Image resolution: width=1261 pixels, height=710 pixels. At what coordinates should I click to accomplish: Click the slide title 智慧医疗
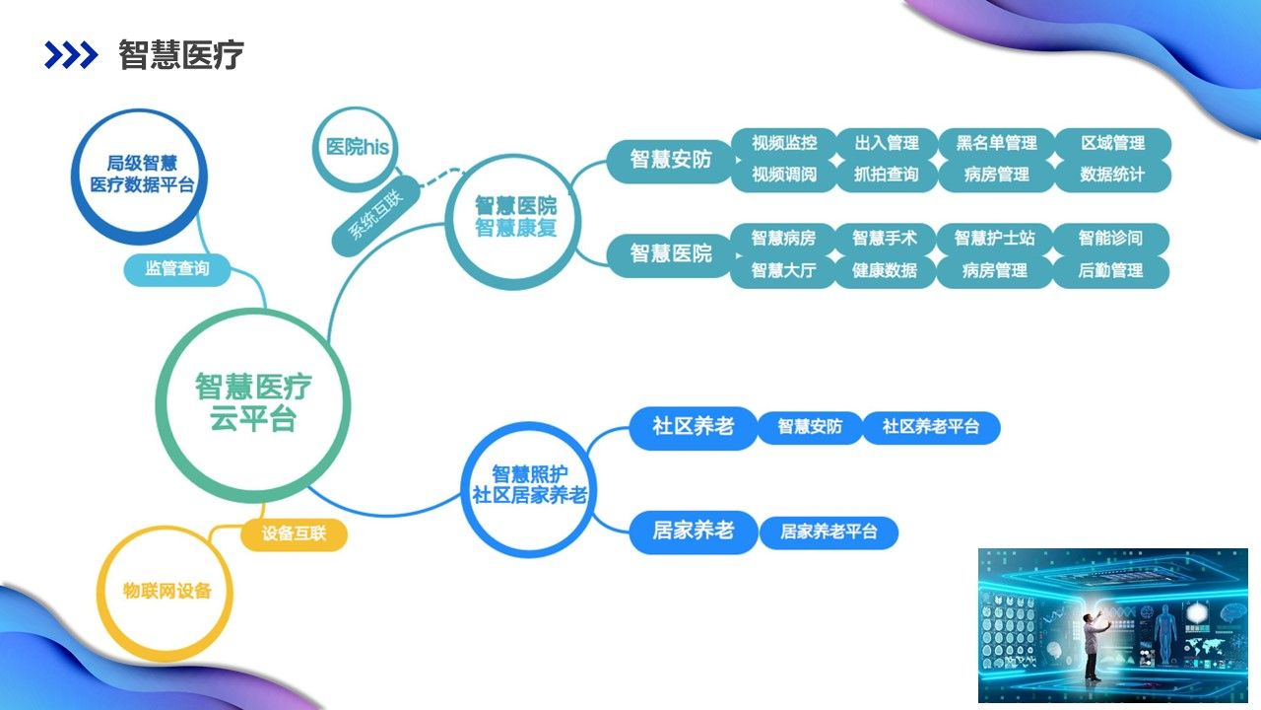click(x=181, y=55)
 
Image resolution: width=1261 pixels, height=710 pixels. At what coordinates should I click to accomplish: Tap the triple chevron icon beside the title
click(x=71, y=55)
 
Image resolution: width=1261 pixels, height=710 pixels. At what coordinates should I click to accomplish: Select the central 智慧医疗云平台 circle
click(x=253, y=401)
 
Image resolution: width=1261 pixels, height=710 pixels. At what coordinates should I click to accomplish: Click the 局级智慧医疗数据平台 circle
click(x=142, y=175)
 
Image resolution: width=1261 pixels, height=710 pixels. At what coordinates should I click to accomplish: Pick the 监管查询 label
click(x=177, y=268)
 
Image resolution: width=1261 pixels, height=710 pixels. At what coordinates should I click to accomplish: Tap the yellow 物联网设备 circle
click(x=167, y=592)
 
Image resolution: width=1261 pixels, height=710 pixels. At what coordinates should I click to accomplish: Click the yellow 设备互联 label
click(x=294, y=534)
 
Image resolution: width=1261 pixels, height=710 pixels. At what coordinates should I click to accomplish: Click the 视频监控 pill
click(x=784, y=143)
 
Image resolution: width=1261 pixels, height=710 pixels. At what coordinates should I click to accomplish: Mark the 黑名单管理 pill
click(x=996, y=143)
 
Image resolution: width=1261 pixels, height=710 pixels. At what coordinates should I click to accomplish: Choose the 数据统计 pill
click(x=1112, y=175)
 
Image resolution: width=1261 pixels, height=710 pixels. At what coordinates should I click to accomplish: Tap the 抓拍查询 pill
click(x=886, y=175)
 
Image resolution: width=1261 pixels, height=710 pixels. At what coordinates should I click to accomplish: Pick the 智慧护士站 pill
click(x=994, y=238)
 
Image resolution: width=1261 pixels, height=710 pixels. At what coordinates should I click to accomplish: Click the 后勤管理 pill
click(x=1110, y=270)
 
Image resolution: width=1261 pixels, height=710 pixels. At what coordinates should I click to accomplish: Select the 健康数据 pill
click(x=884, y=270)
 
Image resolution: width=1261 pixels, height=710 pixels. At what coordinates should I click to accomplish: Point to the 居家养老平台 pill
click(x=828, y=532)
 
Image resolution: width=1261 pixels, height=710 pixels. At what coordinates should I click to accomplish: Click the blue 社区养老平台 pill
click(x=931, y=427)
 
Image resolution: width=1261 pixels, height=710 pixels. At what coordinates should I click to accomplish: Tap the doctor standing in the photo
click(x=1093, y=646)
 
